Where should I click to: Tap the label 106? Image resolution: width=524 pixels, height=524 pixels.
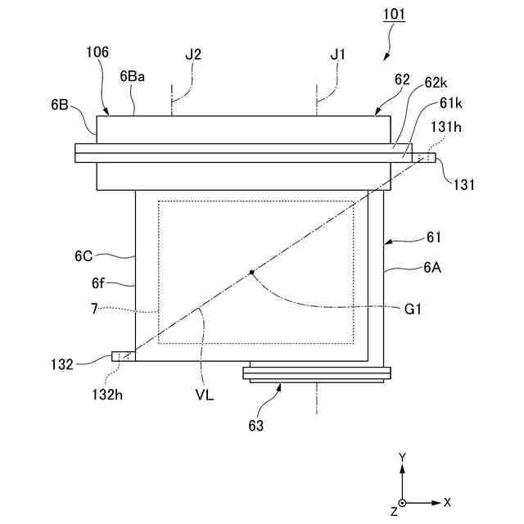(97, 53)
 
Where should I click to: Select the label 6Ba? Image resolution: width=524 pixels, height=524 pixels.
(132, 76)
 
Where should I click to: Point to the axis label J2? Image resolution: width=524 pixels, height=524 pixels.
(193, 54)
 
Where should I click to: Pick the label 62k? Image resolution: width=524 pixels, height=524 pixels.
(436, 84)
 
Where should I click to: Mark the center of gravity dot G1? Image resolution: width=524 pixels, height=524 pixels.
(252, 272)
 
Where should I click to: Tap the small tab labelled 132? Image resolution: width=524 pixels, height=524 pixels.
(120, 356)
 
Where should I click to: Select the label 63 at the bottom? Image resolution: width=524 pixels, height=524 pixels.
(255, 425)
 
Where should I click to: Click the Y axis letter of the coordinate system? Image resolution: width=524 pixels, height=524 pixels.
(402, 456)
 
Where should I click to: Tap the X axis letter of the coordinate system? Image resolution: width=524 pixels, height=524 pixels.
(447, 502)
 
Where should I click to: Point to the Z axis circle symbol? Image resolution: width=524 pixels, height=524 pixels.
(402, 502)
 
